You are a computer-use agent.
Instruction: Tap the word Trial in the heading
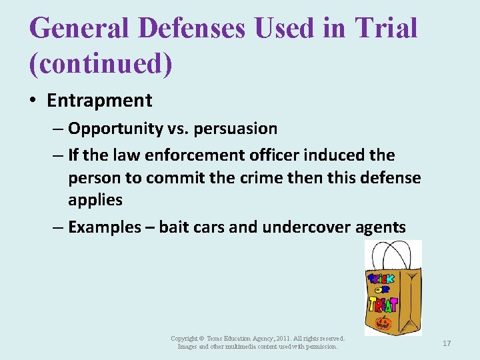click(x=386, y=28)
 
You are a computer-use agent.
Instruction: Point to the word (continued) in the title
click(x=101, y=64)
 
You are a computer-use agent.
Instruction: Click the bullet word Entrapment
click(x=99, y=101)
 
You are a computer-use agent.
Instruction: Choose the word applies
click(x=95, y=200)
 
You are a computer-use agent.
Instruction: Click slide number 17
click(x=447, y=343)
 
